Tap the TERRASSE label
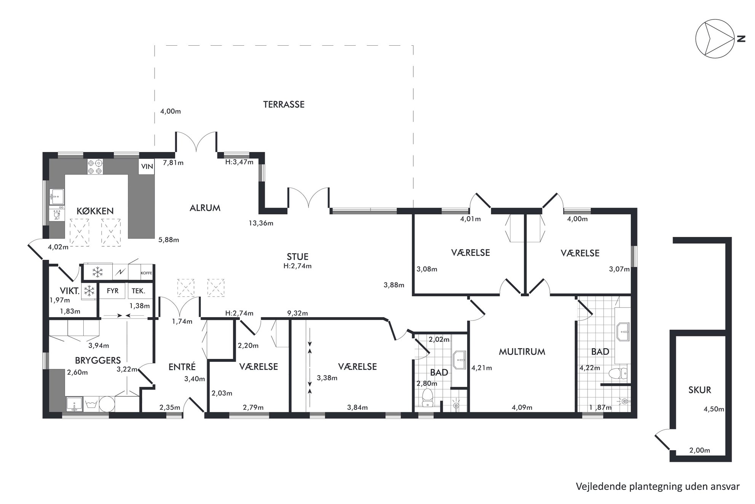(284, 104)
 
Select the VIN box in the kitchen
(147, 166)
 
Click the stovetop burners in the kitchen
(95, 167)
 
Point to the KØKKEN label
(95, 211)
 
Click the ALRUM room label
(205, 208)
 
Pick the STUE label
(298, 257)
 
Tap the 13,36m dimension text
(261, 223)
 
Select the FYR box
(113, 291)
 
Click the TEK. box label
(138, 291)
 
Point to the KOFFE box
(147, 273)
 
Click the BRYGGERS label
(98, 360)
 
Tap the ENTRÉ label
(182, 366)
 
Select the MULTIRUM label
(522, 352)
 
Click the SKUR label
(700, 390)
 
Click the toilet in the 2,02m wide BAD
(428, 398)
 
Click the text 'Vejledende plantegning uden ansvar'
(658, 486)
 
